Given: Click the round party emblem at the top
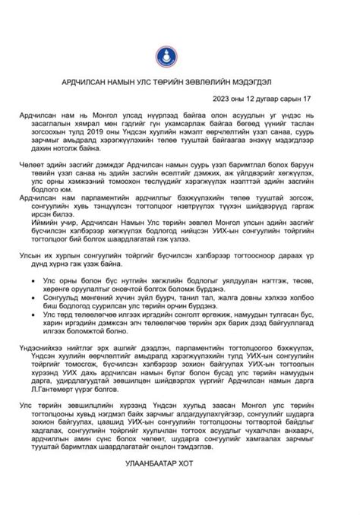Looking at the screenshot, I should [x=180, y=52].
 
